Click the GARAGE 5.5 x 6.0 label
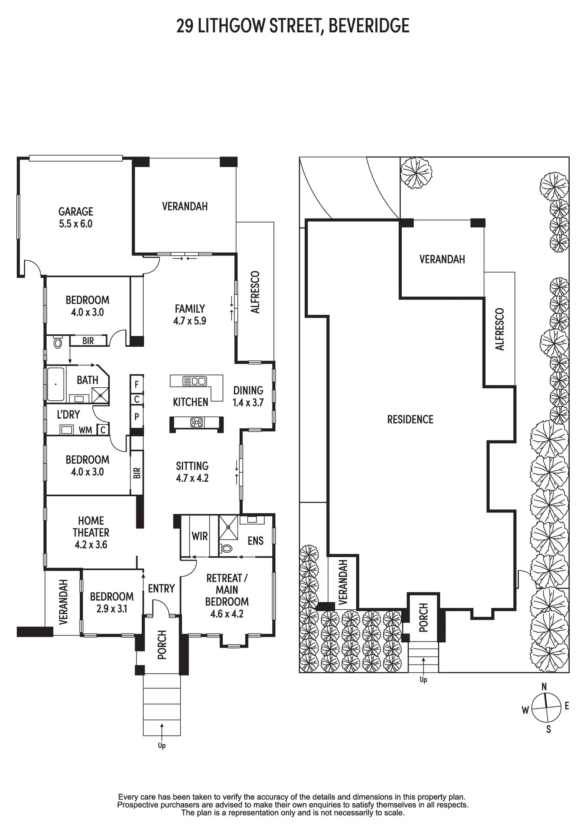pos(76,217)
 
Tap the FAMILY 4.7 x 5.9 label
pos(189,314)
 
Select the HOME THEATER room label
pos(91,532)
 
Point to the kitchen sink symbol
pos(195,381)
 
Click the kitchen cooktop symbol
pos(197,422)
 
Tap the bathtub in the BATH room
pos(55,384)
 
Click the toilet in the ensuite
pos(226,548)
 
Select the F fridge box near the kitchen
pos(137,384)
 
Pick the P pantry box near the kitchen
pos(137,417)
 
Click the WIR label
pos(199,536)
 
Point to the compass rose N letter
pos(544,686)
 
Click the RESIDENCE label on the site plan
pos(410,419)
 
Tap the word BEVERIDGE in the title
pos(369,26)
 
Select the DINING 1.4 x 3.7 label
pos(248,396)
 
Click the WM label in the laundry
pos(85,430)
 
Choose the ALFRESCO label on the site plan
pos(500,329)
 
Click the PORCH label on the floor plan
pos(162,645)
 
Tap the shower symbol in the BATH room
pos(100,395)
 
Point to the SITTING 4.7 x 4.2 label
pos(192,472)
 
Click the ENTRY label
pos(161,588)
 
